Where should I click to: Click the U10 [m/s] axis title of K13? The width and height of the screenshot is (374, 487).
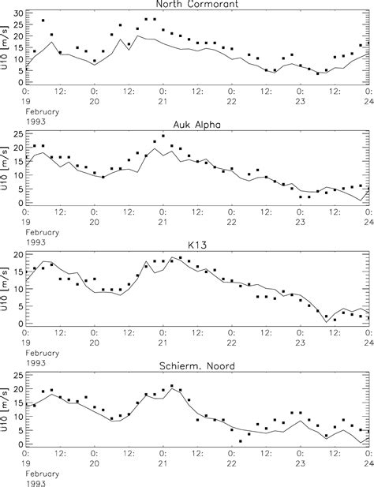pyautogui.click(x=6, y=289)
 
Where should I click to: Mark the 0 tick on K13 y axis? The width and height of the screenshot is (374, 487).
pyautogui.click(x=21, y=324)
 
